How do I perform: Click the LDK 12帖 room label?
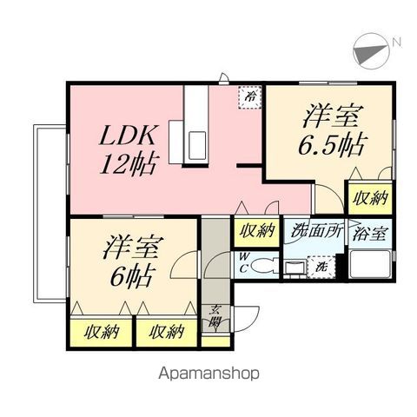tap(129, 150)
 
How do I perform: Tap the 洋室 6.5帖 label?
tap(333, 129)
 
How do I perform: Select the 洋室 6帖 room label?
tap(132, 261)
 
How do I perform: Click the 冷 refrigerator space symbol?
tap(249, 97)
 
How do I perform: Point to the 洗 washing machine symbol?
tap(321, 267)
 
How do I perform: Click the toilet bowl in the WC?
tap(261, 266)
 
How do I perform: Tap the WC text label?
tap(244, 262)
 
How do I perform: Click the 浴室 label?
tap(370, 234)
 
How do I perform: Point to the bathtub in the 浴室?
tap(370, 264)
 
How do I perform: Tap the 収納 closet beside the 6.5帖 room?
tap(370, 198)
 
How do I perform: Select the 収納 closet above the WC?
tap(256, 231)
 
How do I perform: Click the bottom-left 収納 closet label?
tap(102, 332)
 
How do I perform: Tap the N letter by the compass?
tap(397, 43)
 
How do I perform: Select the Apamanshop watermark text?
tap(208, 374)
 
